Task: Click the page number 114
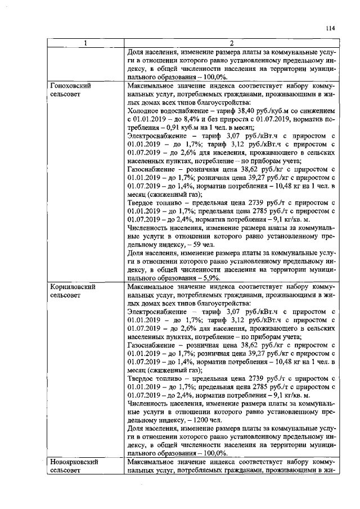click(330, 28)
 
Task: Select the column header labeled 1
click(85, 44)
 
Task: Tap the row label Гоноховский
click(71, 86)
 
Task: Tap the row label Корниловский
click(72, 287)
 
